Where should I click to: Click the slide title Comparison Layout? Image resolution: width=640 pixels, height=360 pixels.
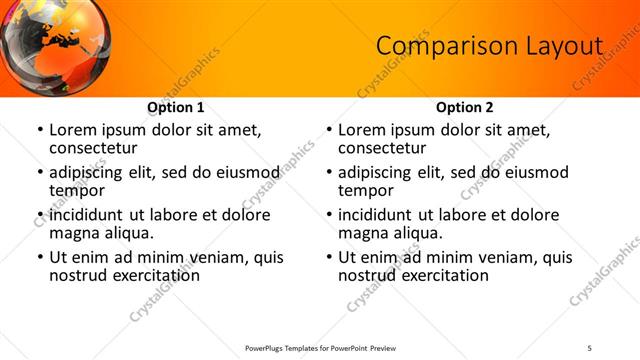point(489,46)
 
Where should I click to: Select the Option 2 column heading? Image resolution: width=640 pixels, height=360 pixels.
point(464,108)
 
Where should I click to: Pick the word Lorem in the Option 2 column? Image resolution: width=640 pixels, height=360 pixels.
point(362,130)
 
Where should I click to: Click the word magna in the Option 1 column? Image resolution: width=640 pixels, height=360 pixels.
point(76,232)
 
